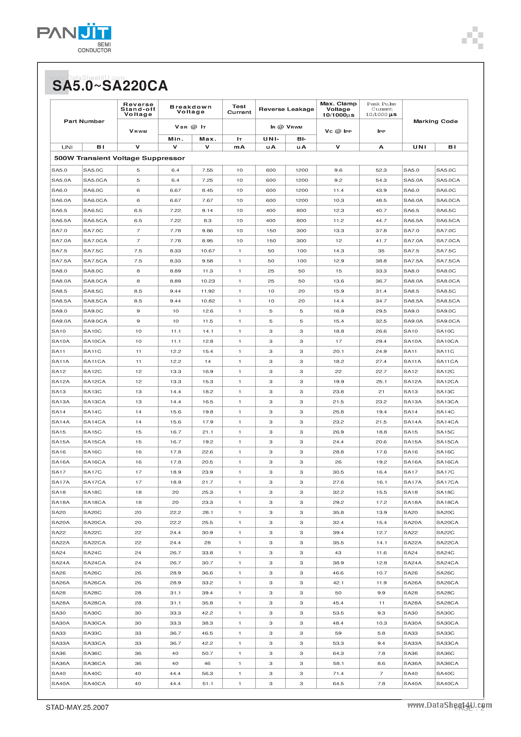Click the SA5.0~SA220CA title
(110, 86)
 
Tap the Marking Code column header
(435, 121)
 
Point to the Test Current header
(239, 109)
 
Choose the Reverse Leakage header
(286, 109)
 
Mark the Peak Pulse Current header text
(381, 109)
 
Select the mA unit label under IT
(239, 147)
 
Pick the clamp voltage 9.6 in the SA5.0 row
(338, 170)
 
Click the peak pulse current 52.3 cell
(381, 170)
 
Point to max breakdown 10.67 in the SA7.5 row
(208, 251)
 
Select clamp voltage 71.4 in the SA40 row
(338, 673)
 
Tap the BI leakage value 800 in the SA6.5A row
(301, 221)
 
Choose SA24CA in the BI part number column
(94, 563)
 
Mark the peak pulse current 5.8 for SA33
(381, 633)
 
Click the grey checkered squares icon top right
(473, 38)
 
